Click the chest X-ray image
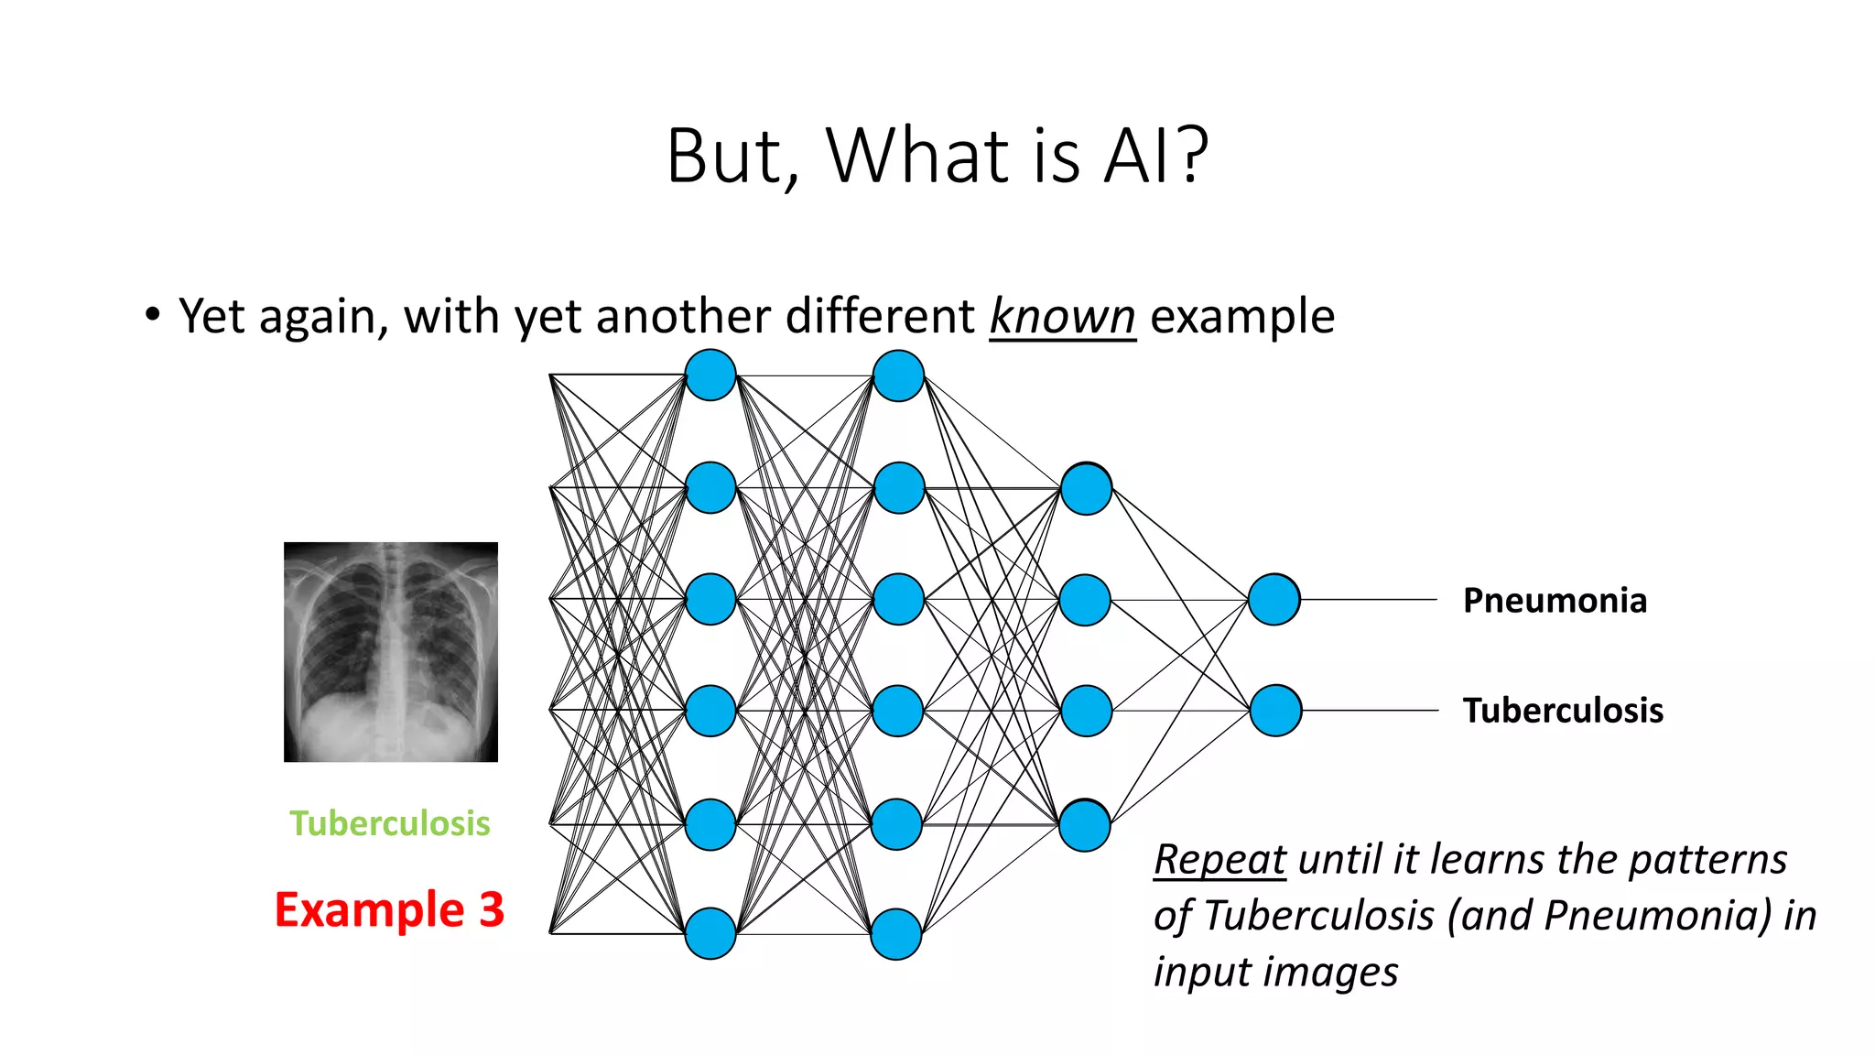coord(391,651)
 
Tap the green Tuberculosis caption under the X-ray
coord(390,823)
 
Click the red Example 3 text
coord(389,909)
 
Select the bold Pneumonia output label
coord(1555,601)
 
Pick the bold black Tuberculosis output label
coord(1563,711)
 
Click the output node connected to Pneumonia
coord(1273,600)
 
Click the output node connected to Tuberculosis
coord(1275,711)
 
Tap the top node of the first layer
coord(710,375)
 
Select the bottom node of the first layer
coord(710,933)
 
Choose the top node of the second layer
coord(898,375)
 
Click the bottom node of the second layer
coord(895,933)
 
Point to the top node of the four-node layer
coord(1086,489)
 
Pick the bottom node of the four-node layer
coord(1085,825)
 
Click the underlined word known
coord(1062,317)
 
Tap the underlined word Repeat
coord(1219,860)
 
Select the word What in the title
coord(918,156)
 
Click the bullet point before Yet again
coord(152,316)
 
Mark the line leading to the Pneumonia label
coord(1369,600)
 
